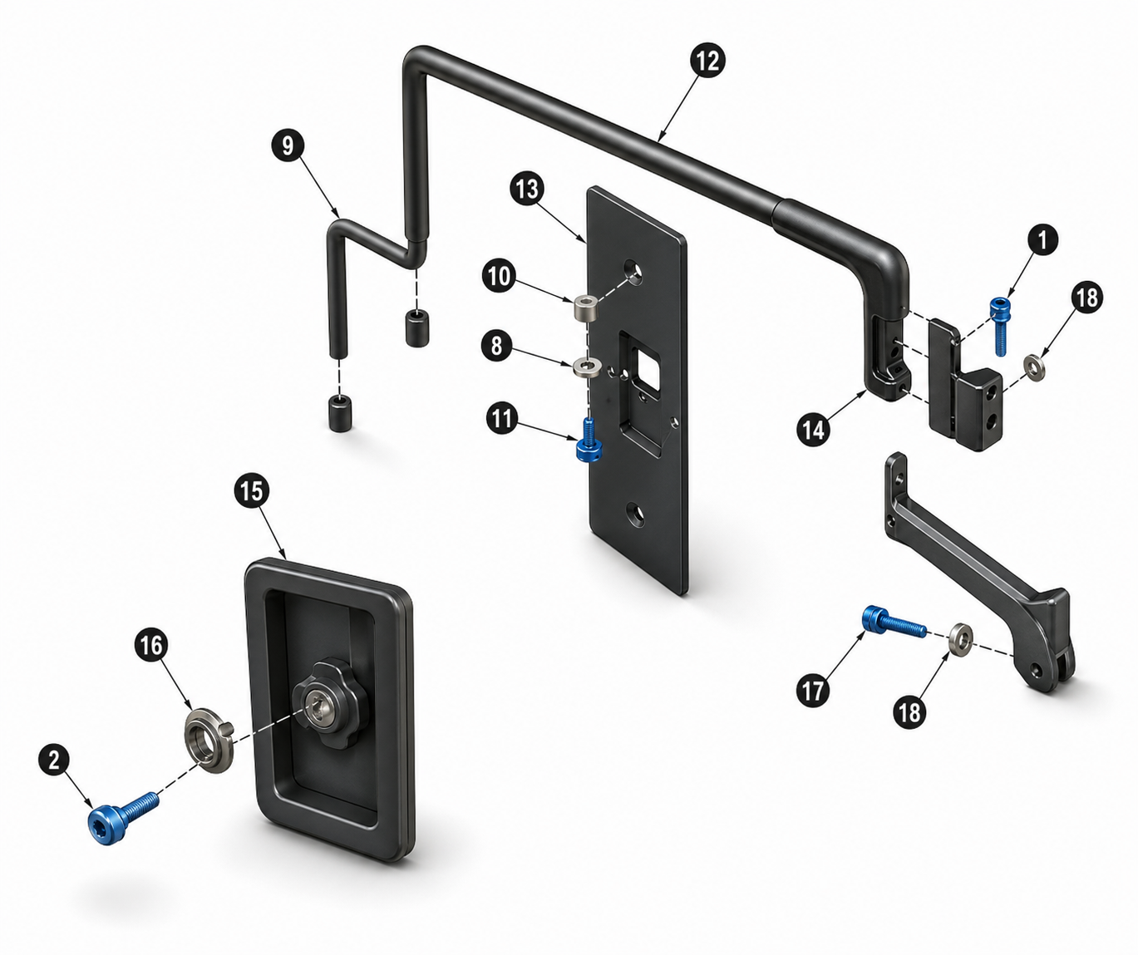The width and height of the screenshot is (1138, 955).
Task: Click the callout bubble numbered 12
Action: coord(708,61)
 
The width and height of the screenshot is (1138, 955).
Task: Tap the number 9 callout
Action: coord(288,145)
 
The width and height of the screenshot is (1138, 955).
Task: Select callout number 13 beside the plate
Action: coord(527,189)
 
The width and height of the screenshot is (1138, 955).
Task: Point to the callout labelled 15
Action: coord(251,492)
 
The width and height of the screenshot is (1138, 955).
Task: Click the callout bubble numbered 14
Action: coord(814,430)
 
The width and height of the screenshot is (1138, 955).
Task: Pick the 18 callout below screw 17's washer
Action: coord(909,711)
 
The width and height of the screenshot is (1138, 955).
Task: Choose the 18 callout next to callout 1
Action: coord(1086,298)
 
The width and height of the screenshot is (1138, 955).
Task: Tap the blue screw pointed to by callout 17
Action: coord(894,624)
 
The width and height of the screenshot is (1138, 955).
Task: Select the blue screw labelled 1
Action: coord(999,326)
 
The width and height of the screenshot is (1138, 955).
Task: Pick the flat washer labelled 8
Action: coord(586,367)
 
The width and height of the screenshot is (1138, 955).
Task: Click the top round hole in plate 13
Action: coord(633,270)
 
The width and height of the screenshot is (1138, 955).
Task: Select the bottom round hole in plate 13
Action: coord(634,514)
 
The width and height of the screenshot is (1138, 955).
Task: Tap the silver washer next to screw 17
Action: coord(962,637)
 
